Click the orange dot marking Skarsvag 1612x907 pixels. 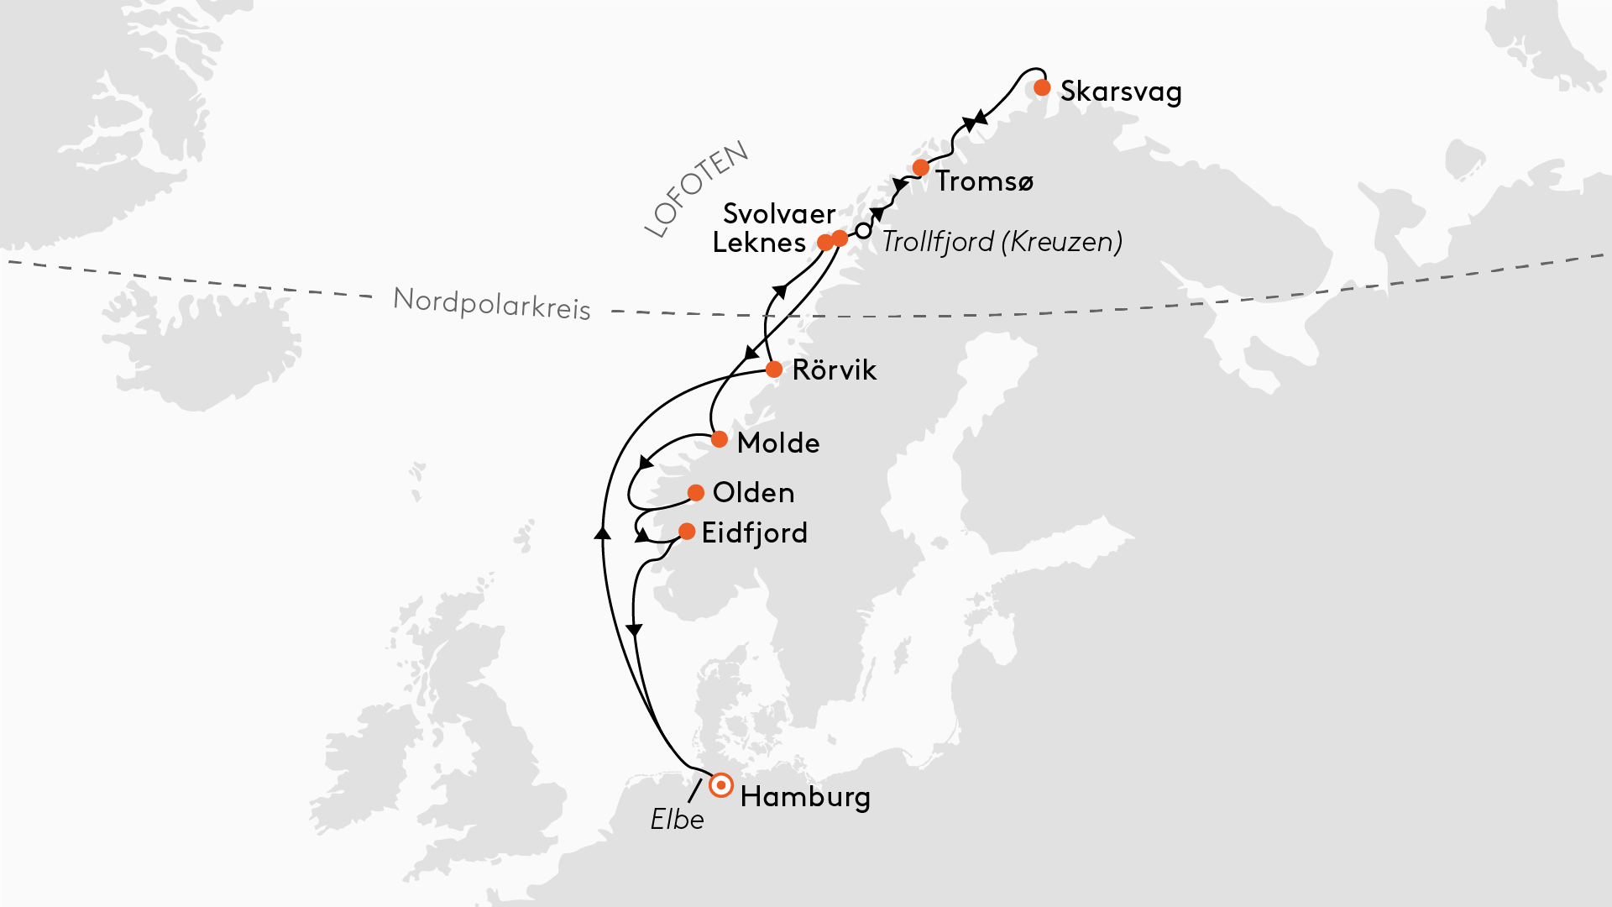(1042, 87)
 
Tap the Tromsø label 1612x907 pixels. (985, 181)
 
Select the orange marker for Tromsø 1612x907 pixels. (921, 168)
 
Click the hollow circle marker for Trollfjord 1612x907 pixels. (863, 230)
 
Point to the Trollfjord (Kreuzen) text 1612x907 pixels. (1002, 242)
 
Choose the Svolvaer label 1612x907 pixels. (779, 214)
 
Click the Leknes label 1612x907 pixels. (759, 244)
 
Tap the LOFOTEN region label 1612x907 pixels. (696, 189)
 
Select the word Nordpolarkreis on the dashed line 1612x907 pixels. (492, 303)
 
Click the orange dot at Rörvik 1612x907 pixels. (774, 370)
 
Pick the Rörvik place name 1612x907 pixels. (835, 370)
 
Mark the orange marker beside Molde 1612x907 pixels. (720, 439)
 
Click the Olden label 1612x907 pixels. (753, 493)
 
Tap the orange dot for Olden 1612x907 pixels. (696, 493)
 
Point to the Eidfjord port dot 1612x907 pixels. (687, 532)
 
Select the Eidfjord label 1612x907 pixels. (755, 533)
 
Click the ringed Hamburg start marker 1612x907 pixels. (721, 785)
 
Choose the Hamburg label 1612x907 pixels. (805, 797)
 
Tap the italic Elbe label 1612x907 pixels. (677, 820)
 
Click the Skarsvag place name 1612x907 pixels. (1121, 92)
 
